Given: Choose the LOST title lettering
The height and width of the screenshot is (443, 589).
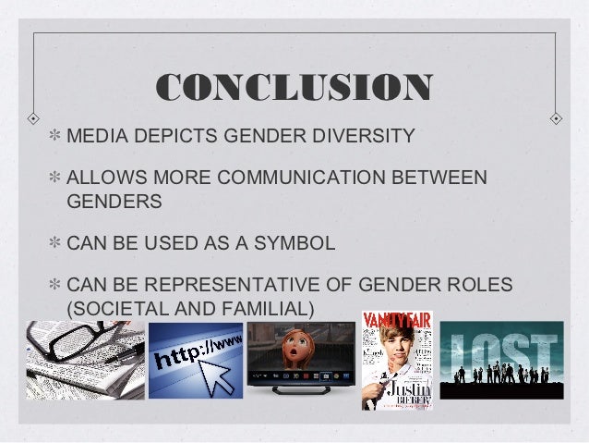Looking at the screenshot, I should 500,351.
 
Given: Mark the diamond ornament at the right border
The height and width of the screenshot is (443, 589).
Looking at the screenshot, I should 556,119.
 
